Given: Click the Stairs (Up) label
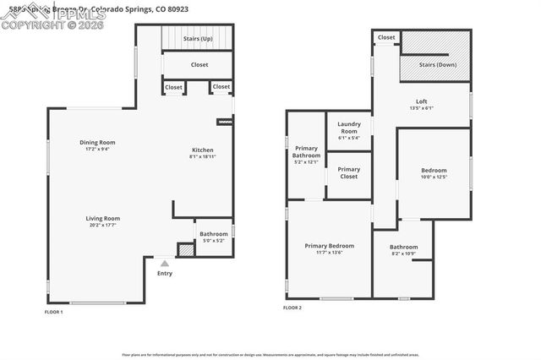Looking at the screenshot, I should coord(199,39).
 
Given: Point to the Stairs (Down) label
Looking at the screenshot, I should coord(435,64).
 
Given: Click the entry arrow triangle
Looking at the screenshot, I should coord(165,264).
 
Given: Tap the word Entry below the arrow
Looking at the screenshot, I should coord(165,273).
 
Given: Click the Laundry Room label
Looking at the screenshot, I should coord(349,128).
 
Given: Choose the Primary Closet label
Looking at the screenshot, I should coord(349,172).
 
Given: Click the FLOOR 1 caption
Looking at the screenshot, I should coord(54,312).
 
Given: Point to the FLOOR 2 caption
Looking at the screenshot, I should coord(292,308).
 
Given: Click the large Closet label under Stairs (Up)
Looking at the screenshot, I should coord(199,65).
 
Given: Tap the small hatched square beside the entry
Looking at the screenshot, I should coord(184,251).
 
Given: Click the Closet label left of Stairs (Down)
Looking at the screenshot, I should coord(386,38).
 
